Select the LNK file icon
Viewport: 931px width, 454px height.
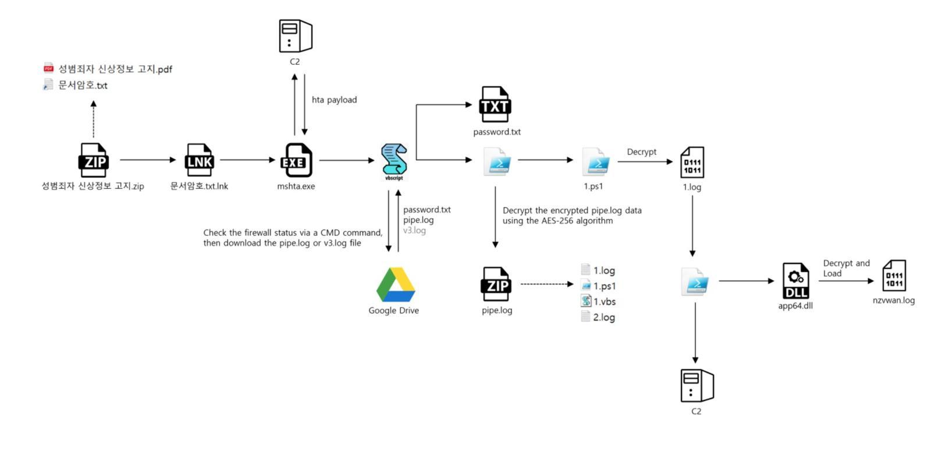[x=199, y=160]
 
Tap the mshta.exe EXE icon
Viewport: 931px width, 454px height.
[x=296, y=160]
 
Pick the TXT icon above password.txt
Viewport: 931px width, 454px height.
[x=495, y=104]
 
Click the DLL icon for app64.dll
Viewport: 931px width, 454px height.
[x=795, y=281]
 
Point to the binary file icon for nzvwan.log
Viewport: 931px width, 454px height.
[x=894, y=276]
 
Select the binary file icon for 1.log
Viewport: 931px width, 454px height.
[x=692, y=163]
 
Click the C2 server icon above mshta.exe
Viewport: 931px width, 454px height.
[x=296, y=36]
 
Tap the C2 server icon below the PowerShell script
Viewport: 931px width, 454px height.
[x=697, y=386]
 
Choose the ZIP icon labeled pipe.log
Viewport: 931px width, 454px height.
[x=496, y=284]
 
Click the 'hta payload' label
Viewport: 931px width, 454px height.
[x=334, y=100]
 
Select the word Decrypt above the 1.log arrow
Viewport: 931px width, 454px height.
[x=641, y=152]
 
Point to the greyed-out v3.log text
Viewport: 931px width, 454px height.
[x=414, y=230]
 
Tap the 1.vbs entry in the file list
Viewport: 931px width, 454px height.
[x=604, y=301]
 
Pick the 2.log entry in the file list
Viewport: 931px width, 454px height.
[x=603, y=317]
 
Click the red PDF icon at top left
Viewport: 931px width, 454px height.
[x=49, y=68]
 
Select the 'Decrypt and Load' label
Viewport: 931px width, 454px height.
[x=846, y=268]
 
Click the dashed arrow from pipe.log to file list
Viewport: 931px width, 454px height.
[x=546, y=284]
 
